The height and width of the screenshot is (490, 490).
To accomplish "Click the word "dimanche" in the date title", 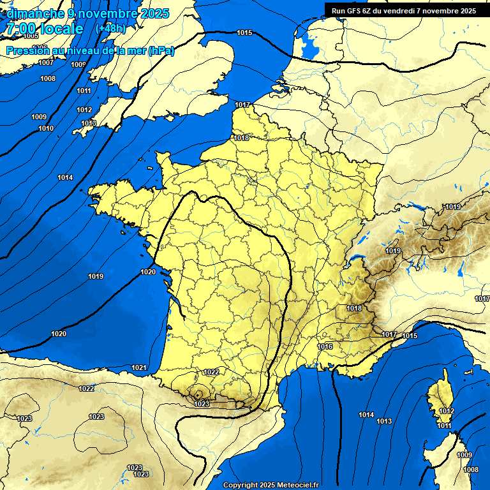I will (x=32, y=13).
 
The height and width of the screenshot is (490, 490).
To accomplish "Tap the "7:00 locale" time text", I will (x=43, y=29).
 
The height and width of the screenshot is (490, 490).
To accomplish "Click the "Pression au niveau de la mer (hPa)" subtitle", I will (x=89, y=50).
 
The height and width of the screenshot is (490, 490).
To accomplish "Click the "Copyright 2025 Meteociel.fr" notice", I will (x=271, y=485).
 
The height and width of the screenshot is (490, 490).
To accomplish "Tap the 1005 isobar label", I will (x=31, y=36).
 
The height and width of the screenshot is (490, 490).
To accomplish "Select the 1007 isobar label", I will (x=46, y=63).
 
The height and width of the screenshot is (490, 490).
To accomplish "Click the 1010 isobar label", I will (x=46, y=128).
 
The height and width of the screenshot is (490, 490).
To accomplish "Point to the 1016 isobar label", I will (x=325, y=346).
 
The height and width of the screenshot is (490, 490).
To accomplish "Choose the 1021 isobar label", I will (x=139, y=367).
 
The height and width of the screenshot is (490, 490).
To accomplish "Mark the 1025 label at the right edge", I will (x=482, y=298).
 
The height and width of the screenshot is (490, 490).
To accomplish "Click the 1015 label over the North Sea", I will (x=244, y=33).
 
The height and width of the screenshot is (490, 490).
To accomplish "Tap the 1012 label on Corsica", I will (x=447, y=411).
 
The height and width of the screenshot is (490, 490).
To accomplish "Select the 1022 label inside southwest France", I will (x=212, y=372).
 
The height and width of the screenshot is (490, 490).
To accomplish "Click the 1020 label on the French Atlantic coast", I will (x=148, y=272).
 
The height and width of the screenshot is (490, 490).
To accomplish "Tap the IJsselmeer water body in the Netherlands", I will (x=308, y=46).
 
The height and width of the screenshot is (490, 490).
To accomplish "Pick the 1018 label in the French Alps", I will (x=354, y=308).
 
